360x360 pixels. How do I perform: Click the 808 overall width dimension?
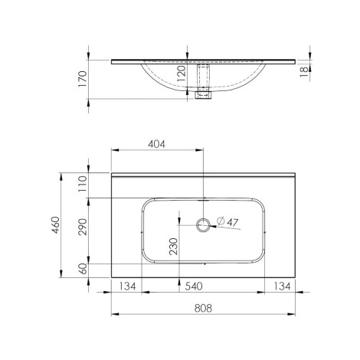203,308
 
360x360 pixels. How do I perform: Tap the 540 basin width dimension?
194,286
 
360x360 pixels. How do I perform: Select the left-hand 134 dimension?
127,286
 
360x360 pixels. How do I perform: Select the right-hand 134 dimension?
282,286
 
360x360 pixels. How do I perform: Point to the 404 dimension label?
156,144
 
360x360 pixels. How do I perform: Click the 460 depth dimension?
56,225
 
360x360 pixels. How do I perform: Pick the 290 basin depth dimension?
83,227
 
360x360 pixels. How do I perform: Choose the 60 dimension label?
83,269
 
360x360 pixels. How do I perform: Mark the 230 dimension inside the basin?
173,247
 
